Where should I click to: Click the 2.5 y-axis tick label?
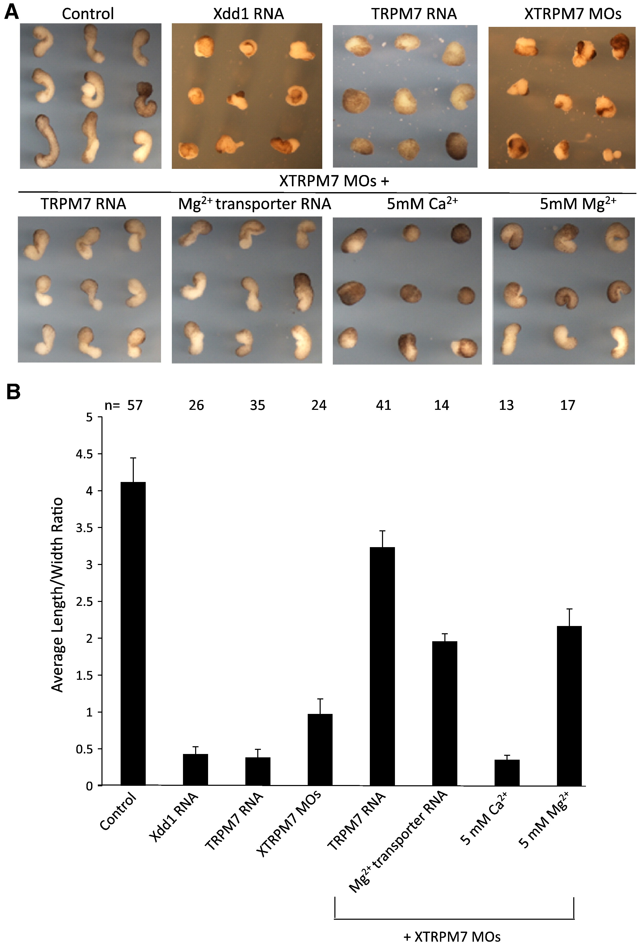pyautogui.click(x=84, y=602)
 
